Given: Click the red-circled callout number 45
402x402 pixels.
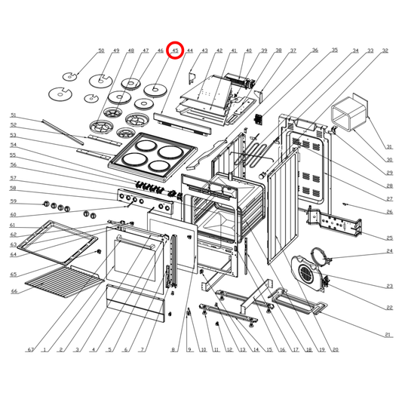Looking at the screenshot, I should pyautogui.click(x=175, y=51).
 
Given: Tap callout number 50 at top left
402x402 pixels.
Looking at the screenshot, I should pyautogui.click(x=101, y=51).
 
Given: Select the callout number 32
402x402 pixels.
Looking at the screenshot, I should pyautogui.click(x=385, y=51).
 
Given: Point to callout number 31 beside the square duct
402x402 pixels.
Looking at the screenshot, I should pyautogui.click(x=389, y=146).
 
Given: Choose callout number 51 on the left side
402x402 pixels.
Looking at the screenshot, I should pyautogui.click(x=13, y=115).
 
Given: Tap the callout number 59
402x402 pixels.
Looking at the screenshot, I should pyautogui.click(x=13, y=201).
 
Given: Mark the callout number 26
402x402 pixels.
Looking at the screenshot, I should pyautogui.click(x=389, y=212).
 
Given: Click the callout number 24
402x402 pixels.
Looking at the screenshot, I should pyautogui.click(x=389, y=251).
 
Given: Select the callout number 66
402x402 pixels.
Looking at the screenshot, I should pyautogui.click(x=13, y=291).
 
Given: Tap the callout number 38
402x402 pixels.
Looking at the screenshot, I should pyautogui.click(x=278, y=51).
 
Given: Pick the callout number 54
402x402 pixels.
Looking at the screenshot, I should pyautogui.click(x=13, y=145).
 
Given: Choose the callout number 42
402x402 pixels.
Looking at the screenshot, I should pyautogui.click(x=219, y=51).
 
